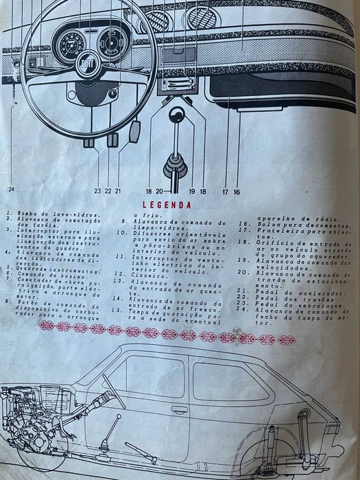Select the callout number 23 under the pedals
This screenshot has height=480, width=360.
coord(98,191)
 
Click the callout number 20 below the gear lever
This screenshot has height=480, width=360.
coord(158,192)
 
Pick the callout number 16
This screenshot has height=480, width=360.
coord(237,192)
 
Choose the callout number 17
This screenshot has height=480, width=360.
coord(224,192)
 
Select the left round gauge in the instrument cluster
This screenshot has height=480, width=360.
coord(71,47)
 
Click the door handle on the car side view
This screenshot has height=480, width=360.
coord(180,409)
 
